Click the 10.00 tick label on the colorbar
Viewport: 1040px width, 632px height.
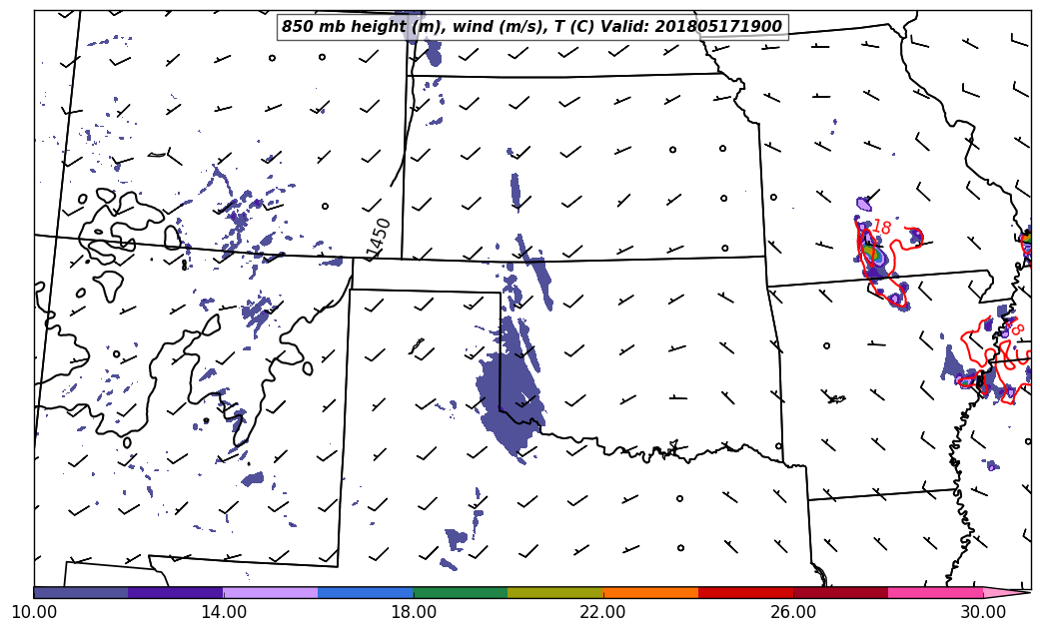point(33,612)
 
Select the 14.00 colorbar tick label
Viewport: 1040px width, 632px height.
point(224,612)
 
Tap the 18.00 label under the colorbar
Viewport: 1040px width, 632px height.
point(414,612)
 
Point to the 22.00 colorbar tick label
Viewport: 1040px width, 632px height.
point(603,612)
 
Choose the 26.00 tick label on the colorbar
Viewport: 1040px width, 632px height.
point(793,612)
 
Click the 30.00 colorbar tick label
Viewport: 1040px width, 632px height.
point(983,612)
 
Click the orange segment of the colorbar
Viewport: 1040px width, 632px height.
point(650,592)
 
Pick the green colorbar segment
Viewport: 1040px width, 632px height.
point(461,592)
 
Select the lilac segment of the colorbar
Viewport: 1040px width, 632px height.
point(271,592)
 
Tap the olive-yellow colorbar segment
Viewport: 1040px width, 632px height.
point(555,592)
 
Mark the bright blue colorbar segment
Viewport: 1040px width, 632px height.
point(366,592)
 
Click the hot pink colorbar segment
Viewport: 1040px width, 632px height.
point(935,592)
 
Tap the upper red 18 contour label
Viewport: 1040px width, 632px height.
point(880,228)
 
